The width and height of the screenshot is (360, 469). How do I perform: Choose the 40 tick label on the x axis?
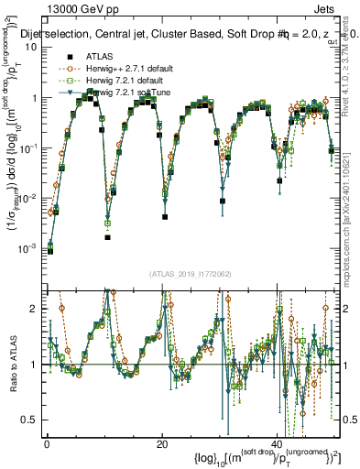[x=277, y=443]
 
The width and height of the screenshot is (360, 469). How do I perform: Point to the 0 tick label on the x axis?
[x=47, y=443]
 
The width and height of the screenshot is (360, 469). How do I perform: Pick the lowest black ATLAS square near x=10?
[x=107, y=237]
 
